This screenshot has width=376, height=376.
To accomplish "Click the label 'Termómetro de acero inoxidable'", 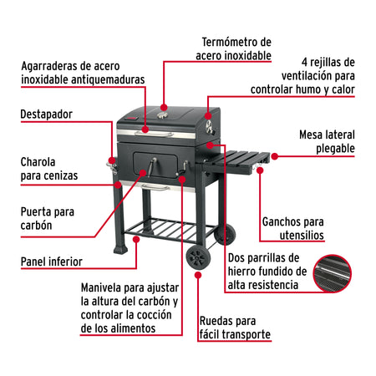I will tap(236, 48).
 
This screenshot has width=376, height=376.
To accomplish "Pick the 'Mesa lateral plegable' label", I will tap(327, 141).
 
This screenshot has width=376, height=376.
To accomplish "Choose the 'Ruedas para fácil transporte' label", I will tap(235, 328).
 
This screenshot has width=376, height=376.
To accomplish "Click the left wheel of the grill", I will tap(197, 255).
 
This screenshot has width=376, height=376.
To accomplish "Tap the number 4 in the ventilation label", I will tap(306, 62).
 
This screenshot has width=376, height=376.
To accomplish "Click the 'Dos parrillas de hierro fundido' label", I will tap(267, 272).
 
